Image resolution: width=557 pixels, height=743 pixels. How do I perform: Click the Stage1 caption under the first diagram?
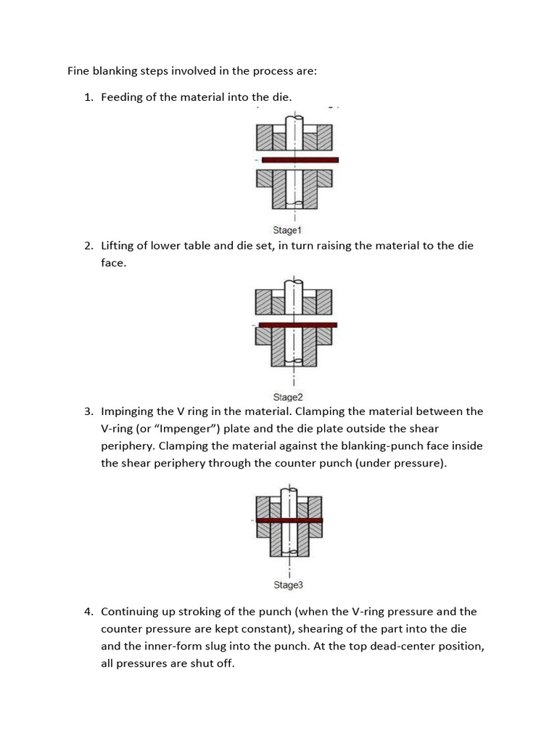coord(287,231)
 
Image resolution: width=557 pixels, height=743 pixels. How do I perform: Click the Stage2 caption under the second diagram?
coord(287,397)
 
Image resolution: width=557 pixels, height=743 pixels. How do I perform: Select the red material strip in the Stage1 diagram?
coord(300,159)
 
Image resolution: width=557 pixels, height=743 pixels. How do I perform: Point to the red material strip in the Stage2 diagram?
coord(297,324)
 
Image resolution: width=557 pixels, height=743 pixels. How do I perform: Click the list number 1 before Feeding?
coord(88,97)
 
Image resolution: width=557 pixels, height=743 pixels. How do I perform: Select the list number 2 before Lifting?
coord(88,246)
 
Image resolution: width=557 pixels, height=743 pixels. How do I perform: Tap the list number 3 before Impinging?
coord(88,411)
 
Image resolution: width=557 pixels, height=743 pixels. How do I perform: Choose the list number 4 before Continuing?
coord(88,612)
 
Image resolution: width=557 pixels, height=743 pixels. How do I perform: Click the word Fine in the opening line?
coord(79,71)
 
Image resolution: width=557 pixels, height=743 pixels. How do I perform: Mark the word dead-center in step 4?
coord(403,646)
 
